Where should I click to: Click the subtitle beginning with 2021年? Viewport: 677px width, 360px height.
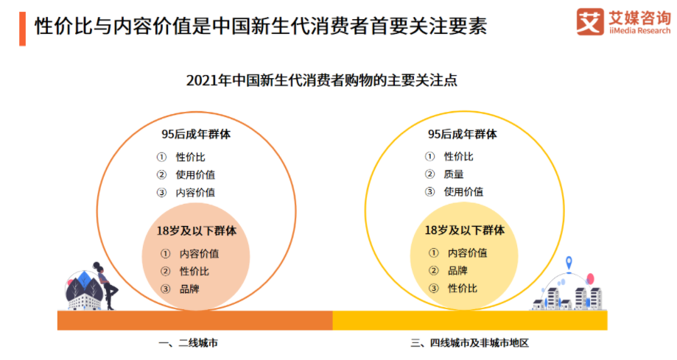point(322,80)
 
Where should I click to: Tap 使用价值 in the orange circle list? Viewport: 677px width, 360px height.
point(195,174)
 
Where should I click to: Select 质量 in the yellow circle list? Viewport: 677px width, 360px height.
point(454,174)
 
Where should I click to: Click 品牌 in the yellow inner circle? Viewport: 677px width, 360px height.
point(457,270)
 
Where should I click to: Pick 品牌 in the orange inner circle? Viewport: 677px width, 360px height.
point(189,288)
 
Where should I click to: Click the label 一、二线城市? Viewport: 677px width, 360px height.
point(189,343)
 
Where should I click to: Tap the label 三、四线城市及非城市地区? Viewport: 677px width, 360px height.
point(470,343)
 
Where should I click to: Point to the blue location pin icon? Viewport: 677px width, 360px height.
point(569,263)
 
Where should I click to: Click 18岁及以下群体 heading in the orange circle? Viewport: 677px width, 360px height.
point(197,230)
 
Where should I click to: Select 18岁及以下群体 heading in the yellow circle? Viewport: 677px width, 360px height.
point(465,230)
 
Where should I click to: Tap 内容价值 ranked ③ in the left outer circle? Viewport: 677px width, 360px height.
point(195,192)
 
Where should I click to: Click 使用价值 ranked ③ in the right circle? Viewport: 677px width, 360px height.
point(463,192)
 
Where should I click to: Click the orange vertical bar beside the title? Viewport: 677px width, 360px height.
point(22,28)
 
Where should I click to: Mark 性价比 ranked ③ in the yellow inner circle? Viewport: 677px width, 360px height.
point(463,288)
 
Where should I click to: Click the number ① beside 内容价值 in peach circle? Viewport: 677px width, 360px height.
point(165,253)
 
